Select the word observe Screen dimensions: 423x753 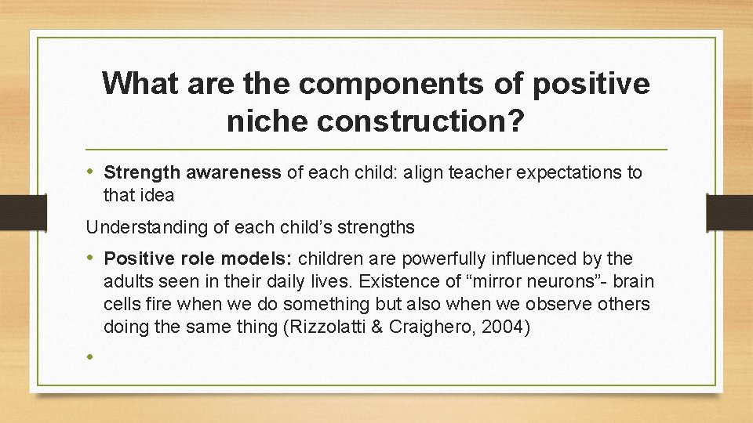558,304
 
